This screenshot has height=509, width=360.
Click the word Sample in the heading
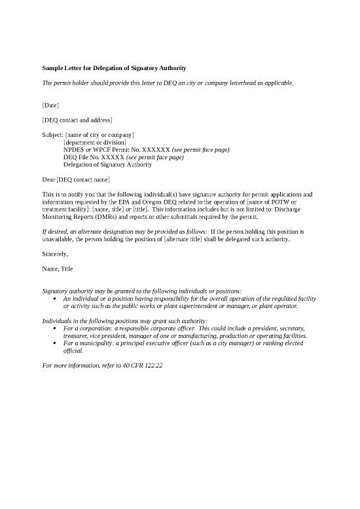(x=54, y=67)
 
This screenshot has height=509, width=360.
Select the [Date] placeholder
(x=50, y=105)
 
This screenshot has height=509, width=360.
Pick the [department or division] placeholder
(x=95, y=142)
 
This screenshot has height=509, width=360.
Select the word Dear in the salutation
(x=48, y=179)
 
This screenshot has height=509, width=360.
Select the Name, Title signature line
(x=58, y=269)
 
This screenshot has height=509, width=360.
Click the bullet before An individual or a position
(x=53, y=299)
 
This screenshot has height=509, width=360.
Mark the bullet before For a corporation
(x=53, y=328)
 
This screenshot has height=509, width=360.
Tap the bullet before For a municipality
(x=53, y=343)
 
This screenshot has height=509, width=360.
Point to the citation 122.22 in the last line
(x=150, y=365)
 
